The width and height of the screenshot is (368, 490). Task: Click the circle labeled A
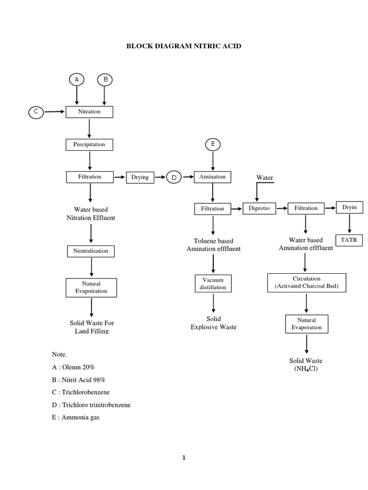pyautogui.click(x=76, y=80)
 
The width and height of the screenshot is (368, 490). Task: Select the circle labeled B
pyautogui.click(x=105, y=80)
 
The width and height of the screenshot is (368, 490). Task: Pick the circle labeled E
pyautogui.click(x=213, y=144)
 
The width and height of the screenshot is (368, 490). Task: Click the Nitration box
pyautogui.click(x=90, y=112)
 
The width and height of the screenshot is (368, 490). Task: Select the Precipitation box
pyautogui.click(x=90, y=144)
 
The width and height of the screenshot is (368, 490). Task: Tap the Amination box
pyautogui.click(x=212, y=177)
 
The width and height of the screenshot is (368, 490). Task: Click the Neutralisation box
pyautogui.click(x=91, y=251)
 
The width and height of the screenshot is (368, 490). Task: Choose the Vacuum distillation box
pyautogui.click(x=213, y=283)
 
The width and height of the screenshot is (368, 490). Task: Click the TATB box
pyautogui.click(x=349, y=239)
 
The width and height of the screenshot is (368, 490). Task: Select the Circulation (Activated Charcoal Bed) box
pyautogui.click(x=306, y=282)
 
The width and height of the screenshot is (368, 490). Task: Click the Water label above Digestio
pyautogui.click(x=264, y=178)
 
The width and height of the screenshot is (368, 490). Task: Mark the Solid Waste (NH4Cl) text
pyautogui.click(x=306, y=365)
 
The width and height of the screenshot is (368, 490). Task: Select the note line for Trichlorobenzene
pyautogui.click(x=81, y=392)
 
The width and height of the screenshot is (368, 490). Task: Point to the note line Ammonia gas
pyautogui.click(x=77, y=417)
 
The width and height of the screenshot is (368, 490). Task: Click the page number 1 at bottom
pyautogui.click(x=184, y=457)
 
